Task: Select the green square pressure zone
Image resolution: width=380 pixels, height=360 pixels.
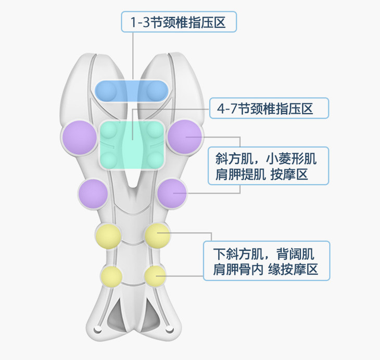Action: click(132, 145)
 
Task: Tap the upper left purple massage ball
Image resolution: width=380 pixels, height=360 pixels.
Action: click(79, 138)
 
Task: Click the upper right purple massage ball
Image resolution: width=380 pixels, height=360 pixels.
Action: click(184, 137)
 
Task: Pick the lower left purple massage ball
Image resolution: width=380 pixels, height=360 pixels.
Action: click(94, 193)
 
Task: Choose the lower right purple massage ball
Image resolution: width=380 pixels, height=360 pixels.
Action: click(172, 193)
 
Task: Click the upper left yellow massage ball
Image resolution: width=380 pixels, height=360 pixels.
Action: click(108, 236)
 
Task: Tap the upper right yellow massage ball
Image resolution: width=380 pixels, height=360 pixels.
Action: click(157, 236)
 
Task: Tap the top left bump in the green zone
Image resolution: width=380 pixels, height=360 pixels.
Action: click(109, 130)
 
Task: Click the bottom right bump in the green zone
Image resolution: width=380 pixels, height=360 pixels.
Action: click(155, 158)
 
